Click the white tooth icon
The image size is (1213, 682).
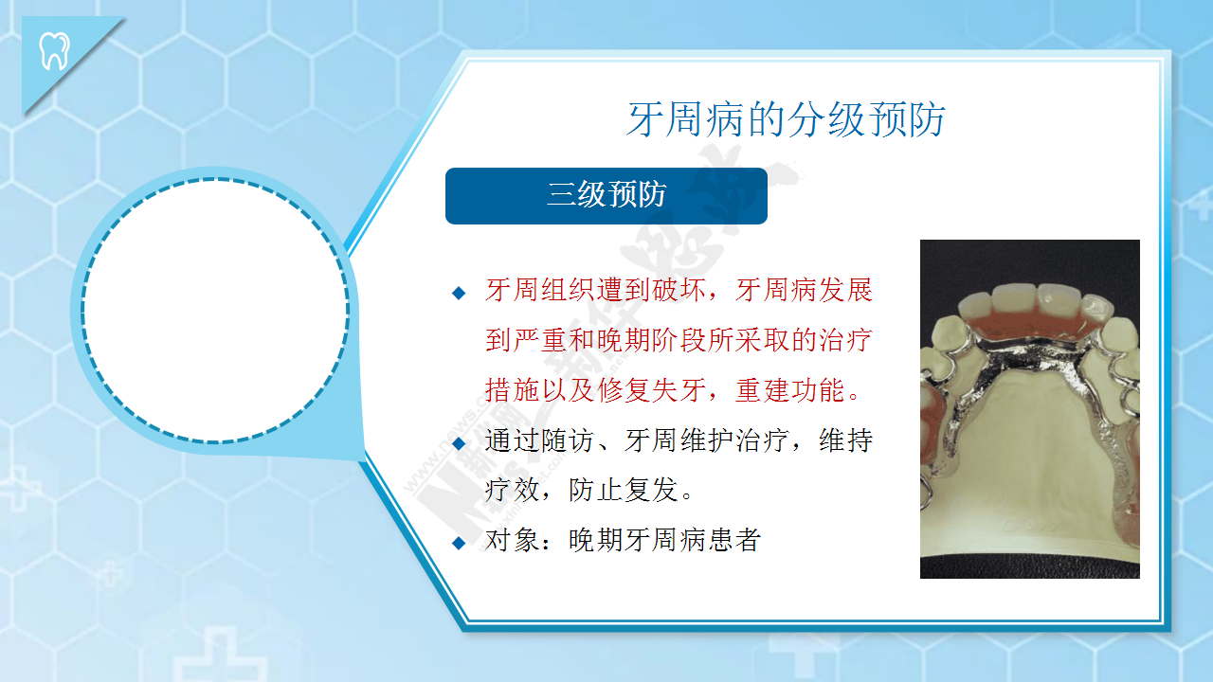pyautogui.click(x=55, y=51)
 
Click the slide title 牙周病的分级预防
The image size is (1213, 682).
pyautogui.click(x=787, y=119)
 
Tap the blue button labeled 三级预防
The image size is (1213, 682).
pyautogui.click(x=606, y=196)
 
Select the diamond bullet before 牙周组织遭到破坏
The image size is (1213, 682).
pyautogui.click(x=459, y=293)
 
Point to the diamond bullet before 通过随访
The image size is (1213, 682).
pyautogui.click(x=459, y=444)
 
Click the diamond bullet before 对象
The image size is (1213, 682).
pyautogui.click(x=459, y=543)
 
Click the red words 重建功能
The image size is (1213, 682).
pyautogui.click(x=790, y=390)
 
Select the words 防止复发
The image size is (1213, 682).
pyautogui.click(x=624, y=491)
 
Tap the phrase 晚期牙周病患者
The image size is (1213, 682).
pyautogui.click(x=665, y=540)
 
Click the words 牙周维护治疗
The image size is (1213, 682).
pyautogui.click(x=706, y=440)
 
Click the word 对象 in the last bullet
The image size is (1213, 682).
pyautogui.click(x=513, y=540)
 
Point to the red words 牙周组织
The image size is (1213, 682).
pyautogui.click(x=540, y=290)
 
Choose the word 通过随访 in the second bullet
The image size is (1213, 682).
pyautogui.click(x=540, y=440)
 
